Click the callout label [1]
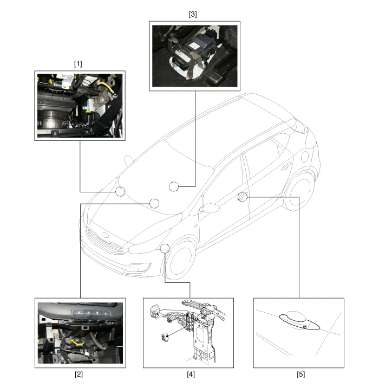pos(78,64)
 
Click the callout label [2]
pos(79,374)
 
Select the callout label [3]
pos(193,14)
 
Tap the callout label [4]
pos(191,374)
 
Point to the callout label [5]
pos(301,374)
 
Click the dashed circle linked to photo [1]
pos(120,191)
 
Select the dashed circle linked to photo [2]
pos(154,203)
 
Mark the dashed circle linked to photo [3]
pos(174,186)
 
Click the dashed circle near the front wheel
pos(165,248)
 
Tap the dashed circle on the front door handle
pos(242,197)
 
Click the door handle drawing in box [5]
pos(299,322)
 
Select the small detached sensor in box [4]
pos(165,337)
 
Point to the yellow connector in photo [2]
pos(77,342)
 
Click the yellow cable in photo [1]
pos(107,87)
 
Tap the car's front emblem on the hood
pos(105,235)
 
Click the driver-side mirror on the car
pos(210,208)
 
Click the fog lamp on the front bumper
pos(140,267)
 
